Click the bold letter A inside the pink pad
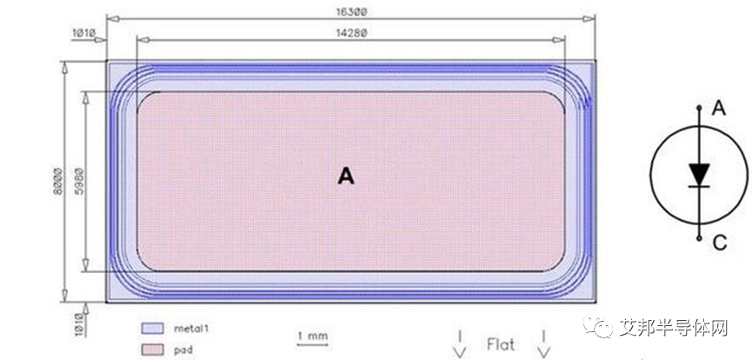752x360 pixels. tap(346, 177)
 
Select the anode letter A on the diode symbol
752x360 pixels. tap(719, 108)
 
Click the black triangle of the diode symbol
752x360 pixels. tap(698, 174)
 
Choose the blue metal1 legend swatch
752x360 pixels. tap(152, 329)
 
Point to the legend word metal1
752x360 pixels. tap(194, 330)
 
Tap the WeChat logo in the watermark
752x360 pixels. tap(602, 328)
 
